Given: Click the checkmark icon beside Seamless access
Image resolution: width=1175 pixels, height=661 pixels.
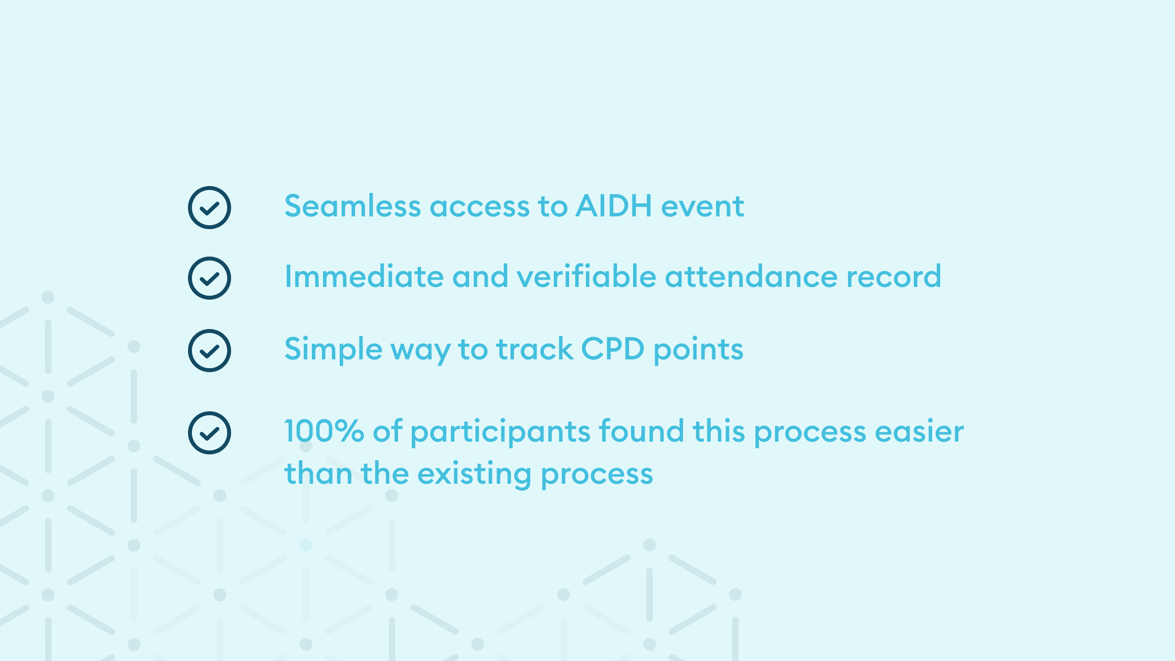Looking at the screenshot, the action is pyautogui.click(x=210, y=208).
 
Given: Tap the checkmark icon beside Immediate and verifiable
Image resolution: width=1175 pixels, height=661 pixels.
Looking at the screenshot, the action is pyautogui.click(x=210, y=278).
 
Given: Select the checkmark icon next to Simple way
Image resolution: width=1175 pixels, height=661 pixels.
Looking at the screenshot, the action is pyautogui.click(x=210, y=351).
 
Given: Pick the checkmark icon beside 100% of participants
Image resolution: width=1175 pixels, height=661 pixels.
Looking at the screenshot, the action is pyautogui.click(x=210, y=433).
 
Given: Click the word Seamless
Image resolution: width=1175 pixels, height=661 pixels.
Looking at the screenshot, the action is pyautogui.click(x=352, y=206).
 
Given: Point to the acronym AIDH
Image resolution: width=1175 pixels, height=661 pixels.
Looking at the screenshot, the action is pyautogui.click(x=614, y=206).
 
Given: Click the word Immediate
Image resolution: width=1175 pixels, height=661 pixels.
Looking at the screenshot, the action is pyautogui.click(x=364, y=276).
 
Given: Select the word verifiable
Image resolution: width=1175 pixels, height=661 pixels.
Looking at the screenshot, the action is pyautogui.click(x=586, y=276).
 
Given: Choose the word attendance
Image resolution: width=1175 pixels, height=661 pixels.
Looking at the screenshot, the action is pyautogui.click(x=751, y=276).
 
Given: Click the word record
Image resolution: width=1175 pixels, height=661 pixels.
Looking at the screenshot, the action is pyautogui.click(x=893, y=276).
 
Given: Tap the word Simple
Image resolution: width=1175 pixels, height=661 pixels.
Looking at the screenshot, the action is pyautogui.click(x=333, y=350).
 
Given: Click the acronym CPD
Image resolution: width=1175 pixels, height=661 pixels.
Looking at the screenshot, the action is pyautogui.click(x=613, y=349).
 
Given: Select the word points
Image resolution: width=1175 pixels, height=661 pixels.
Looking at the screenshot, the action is pyautogui.click(x=699, y=351).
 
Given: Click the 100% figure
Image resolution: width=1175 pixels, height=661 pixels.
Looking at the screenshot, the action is pyautogui.click(x=324, y=431).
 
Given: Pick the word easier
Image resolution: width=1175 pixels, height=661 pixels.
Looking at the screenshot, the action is pyautogui.click(x=919, y=431).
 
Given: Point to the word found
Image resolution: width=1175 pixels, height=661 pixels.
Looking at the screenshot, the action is pyautogui.click(x=641, y=431).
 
